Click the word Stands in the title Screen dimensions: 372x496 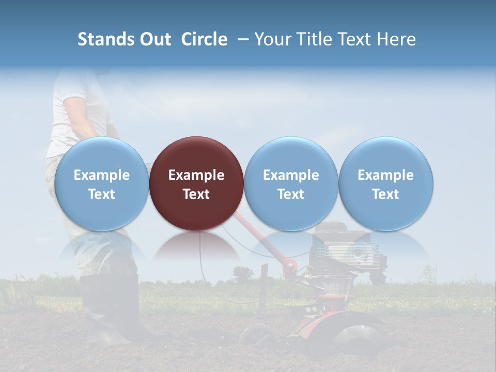tap(105, 39)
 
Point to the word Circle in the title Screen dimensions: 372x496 tap(204, 39)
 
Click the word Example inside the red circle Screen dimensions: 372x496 tap(196, 175)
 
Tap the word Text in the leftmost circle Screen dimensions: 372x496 tap(101, 194)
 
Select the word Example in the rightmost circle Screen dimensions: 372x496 tap(386, 175)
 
